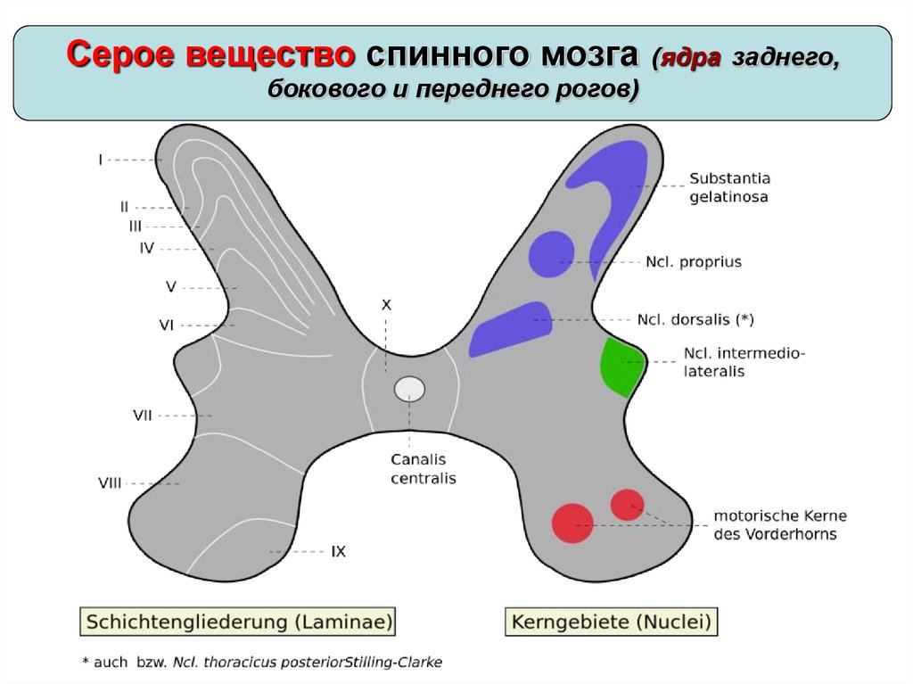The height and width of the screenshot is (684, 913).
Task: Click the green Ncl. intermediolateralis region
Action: pos(621,367)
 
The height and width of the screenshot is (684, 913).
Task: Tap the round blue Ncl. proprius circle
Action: pos(550,253)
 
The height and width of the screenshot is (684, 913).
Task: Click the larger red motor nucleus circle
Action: pos(572,523)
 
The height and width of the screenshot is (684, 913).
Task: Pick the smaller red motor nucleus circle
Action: pos(627,504)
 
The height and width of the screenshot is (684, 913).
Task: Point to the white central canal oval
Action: pos(409,389)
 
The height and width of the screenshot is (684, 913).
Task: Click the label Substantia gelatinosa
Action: pos(729,187)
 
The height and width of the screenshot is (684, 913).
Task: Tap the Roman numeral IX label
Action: pos(338,552)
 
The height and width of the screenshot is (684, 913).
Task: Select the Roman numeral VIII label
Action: pos(110,483)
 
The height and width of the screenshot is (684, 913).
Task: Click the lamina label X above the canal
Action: pos(386,304)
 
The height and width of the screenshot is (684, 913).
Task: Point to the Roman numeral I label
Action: pos(101,160)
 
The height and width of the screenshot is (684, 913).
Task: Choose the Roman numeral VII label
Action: pos(142,415)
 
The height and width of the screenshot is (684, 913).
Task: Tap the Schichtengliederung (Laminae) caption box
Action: pos(237,621)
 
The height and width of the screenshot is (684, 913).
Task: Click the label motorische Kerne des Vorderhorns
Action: pos(779,524)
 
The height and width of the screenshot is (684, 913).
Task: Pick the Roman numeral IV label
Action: pos(147,248)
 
